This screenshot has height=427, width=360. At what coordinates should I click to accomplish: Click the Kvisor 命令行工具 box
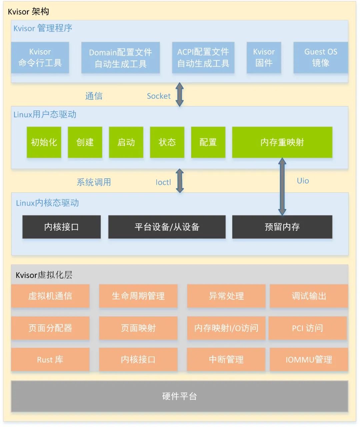click(x=40, y=57)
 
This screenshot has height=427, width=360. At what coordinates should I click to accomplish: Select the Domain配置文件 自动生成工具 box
click(x=120, y=58)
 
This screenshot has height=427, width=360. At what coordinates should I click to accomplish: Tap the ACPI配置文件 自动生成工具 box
click(x=203, y=57)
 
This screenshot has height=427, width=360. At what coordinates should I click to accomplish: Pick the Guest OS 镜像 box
click(x=320, y=57)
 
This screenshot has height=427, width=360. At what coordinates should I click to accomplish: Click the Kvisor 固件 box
click(x=264, y=57)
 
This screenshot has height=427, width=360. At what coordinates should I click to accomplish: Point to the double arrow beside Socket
click(x=180, y=94)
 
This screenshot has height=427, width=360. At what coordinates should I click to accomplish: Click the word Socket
click(x=159, y=96)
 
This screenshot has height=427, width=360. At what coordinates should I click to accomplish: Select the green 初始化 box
click(x=44, y=142)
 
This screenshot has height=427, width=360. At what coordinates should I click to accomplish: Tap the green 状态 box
click(x=167, y=142)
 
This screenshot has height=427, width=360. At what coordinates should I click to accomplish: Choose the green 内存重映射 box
click(x=282, y=142)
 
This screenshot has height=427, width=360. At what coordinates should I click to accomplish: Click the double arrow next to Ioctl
click(x=180, y=181)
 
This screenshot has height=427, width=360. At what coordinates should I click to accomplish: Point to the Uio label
click(x=303, y=181)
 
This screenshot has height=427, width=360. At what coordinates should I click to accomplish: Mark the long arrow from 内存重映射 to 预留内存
click(x=282, y=187)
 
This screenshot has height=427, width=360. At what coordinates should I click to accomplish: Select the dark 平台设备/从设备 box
click(x=167, y=227)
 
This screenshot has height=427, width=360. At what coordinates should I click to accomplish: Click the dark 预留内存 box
click(x=282, y=227)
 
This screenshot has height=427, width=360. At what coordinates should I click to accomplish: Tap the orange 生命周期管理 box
click(x=138, y=296)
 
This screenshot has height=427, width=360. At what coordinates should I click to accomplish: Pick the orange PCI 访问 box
click(x=307, y=328)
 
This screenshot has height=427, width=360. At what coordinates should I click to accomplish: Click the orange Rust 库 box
click(x=50, y=360)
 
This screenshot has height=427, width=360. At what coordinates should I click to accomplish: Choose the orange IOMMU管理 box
click(x=309, y=360)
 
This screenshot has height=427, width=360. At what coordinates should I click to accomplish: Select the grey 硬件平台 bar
click(x=180, y=396)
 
